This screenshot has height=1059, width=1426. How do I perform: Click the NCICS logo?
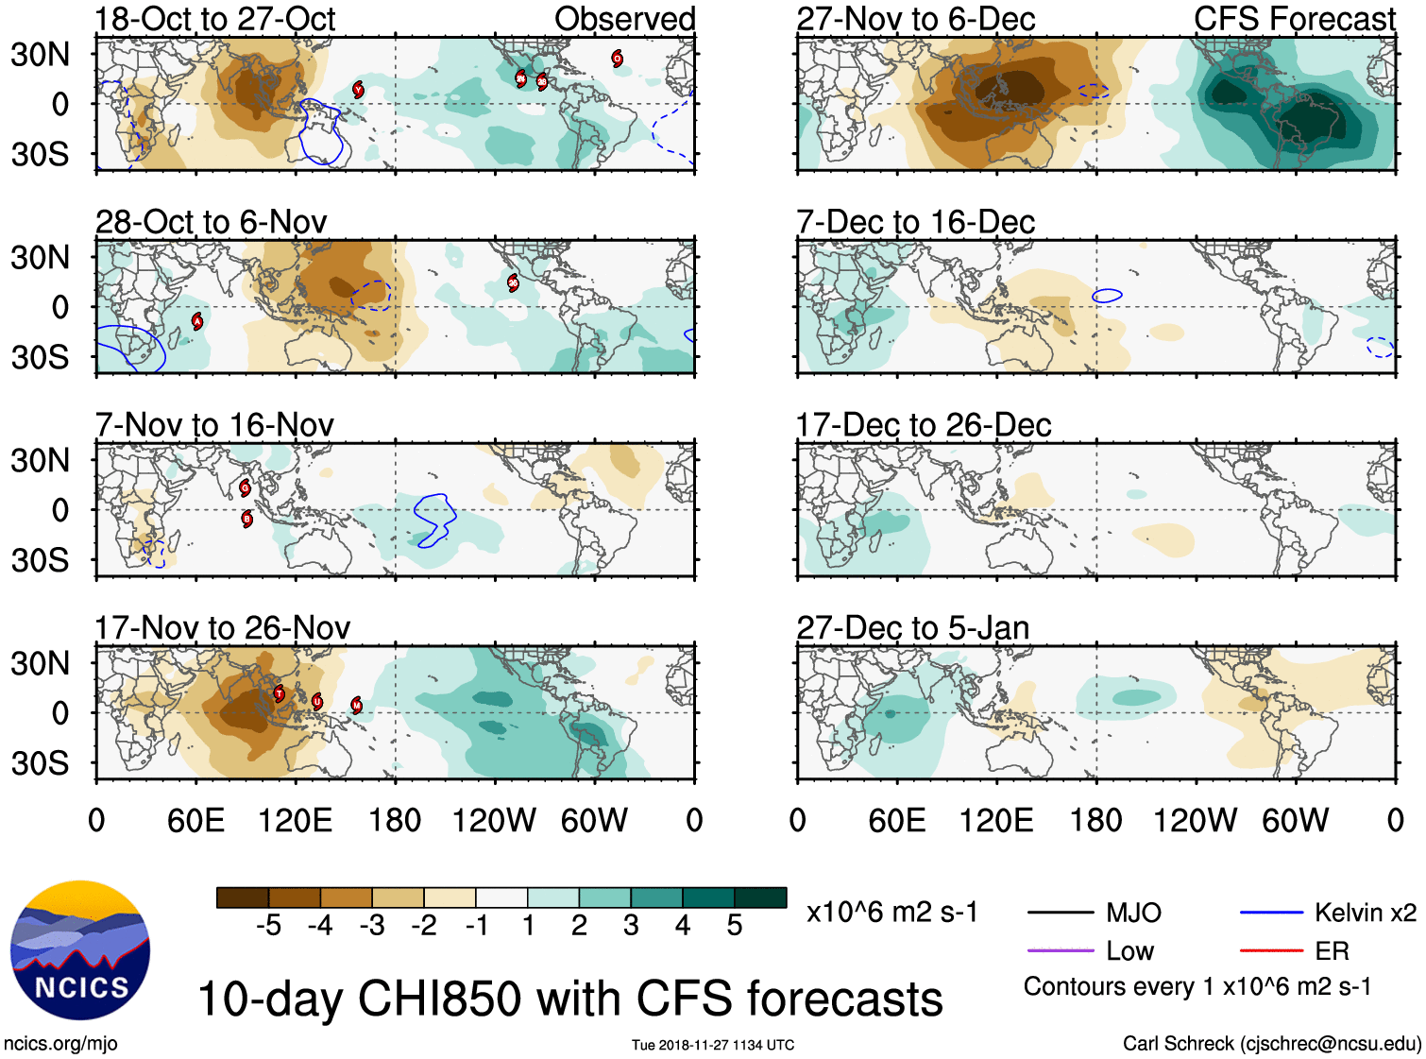(80, 949)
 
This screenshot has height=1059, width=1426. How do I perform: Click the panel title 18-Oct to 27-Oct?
(215, 19)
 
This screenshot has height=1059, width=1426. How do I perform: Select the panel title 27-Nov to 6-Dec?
(915, 19)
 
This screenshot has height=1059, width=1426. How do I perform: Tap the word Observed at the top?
(624, 19)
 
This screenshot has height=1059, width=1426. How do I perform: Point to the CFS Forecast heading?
(1294, 19)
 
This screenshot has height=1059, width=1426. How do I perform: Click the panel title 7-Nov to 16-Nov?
(214, 425)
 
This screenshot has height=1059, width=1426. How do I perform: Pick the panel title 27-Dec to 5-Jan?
(912, 628)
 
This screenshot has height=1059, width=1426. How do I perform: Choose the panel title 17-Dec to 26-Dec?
(924, 425)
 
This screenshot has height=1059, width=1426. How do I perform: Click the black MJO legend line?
(1060, 913)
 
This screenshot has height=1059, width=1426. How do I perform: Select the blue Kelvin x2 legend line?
(1271, 913)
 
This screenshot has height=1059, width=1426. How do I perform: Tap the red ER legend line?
(1271, 950)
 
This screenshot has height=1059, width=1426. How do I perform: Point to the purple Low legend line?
(1060, 950)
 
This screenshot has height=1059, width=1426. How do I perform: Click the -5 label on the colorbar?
(268, 926)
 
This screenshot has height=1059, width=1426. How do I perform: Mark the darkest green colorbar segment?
(760, 897)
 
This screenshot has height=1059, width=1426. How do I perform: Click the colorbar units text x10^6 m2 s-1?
(891, 913)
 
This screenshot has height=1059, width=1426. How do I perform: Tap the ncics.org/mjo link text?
(60, 1044)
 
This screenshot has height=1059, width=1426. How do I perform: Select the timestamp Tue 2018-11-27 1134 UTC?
(713, 1045)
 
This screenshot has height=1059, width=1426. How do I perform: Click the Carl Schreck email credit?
(1271, 1044)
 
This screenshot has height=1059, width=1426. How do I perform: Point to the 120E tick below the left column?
(295, 820)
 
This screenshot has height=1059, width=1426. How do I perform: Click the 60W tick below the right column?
(1295, 820)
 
